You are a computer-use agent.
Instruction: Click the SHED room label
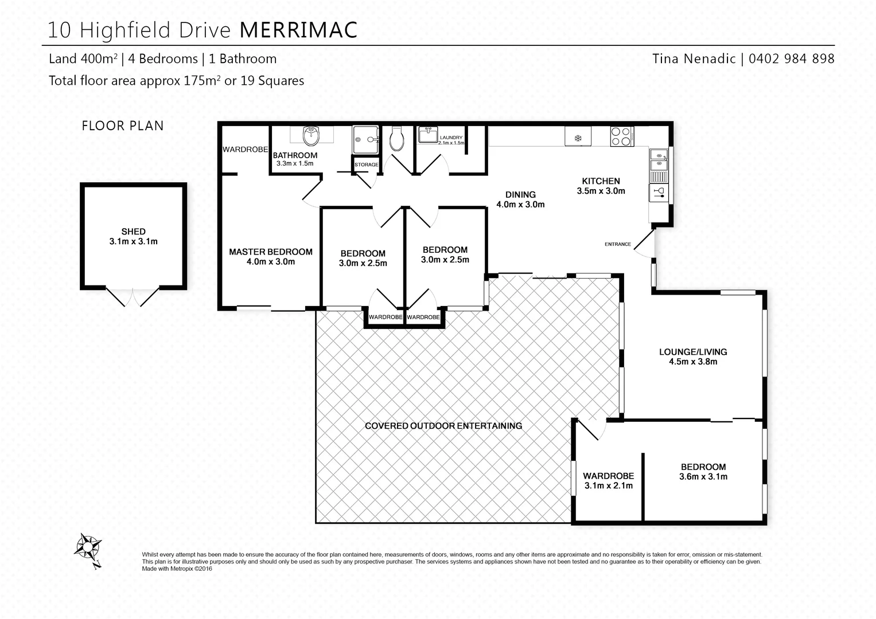click(133, 232)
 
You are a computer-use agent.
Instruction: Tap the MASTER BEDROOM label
click(271, 252)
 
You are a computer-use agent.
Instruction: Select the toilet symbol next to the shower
click(396, 139)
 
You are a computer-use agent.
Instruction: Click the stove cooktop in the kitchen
click(621, 136)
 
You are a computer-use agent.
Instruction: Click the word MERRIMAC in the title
click(298, 30)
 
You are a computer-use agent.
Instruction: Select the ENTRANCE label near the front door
click(617, 244)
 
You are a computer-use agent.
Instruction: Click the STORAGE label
click(366, 164)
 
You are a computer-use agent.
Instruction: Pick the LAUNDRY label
click(451, 138)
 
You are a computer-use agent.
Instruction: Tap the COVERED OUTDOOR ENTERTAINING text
click(443, 426)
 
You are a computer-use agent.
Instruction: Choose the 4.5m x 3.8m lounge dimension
click(692, 362)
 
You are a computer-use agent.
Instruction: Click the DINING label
click(520, 194)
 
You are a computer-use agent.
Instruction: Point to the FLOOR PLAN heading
click(123, 126)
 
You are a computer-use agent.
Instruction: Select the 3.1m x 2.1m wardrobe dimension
click(608, 485)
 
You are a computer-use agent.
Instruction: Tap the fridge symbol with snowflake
click(578, 138)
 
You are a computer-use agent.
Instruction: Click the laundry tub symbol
click(427, 135)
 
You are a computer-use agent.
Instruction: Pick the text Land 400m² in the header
click(83, 58)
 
